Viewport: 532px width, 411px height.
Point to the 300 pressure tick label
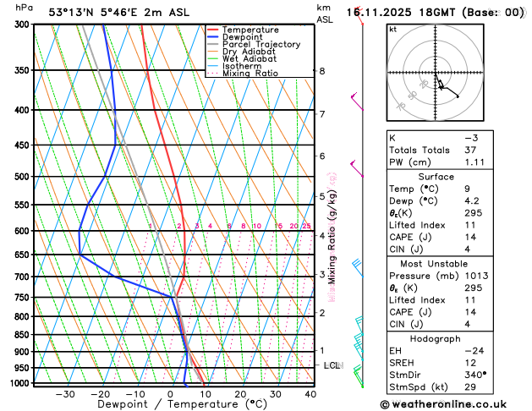[21, 25]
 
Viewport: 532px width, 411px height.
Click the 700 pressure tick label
[21, 277]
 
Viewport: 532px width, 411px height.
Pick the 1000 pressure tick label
[19, 383]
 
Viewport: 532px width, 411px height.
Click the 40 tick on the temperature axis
[310, 394]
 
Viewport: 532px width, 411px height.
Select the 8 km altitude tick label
[322, 71]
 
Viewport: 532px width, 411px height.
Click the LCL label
[332, 365]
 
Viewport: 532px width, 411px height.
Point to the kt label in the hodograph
[392, 29]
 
